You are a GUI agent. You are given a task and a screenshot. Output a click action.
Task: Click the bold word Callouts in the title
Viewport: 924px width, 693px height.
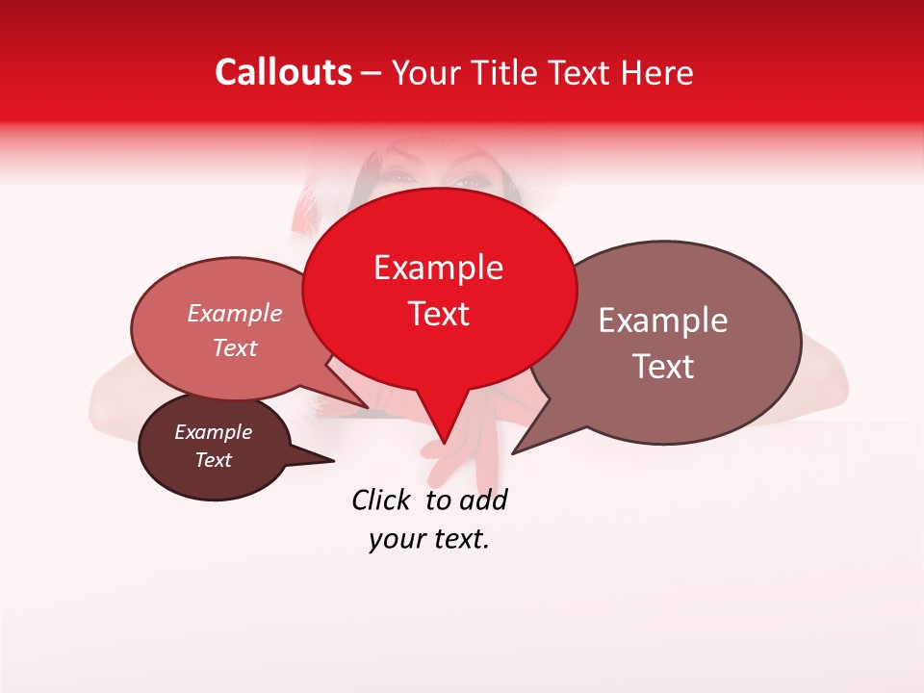pos(284,72)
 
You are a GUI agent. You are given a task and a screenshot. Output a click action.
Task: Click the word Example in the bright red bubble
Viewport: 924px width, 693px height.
pos(438,268)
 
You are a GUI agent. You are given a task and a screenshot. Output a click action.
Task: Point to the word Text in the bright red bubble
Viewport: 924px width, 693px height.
pos(438,314)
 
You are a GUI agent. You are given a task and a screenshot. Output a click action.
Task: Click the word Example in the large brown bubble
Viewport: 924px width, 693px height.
pos(663,321)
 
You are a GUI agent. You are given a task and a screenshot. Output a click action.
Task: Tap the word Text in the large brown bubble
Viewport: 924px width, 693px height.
pos(663,367)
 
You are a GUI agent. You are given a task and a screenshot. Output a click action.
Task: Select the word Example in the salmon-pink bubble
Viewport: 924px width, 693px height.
pos(234,313)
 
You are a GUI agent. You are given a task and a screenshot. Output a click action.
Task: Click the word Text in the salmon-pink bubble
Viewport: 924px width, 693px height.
pos(234,347)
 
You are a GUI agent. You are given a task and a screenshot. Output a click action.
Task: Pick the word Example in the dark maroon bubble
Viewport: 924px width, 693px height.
pos(213,432)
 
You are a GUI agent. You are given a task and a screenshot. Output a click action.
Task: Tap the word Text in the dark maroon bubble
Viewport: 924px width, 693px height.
pos(213,460)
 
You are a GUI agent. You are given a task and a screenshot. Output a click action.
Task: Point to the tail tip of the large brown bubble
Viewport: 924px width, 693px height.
pos(515,450)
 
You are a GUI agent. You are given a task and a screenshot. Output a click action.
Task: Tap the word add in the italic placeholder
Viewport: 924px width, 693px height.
pos(483,500)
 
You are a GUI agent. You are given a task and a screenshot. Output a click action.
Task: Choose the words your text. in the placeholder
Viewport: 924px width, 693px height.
pos(429,539)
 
